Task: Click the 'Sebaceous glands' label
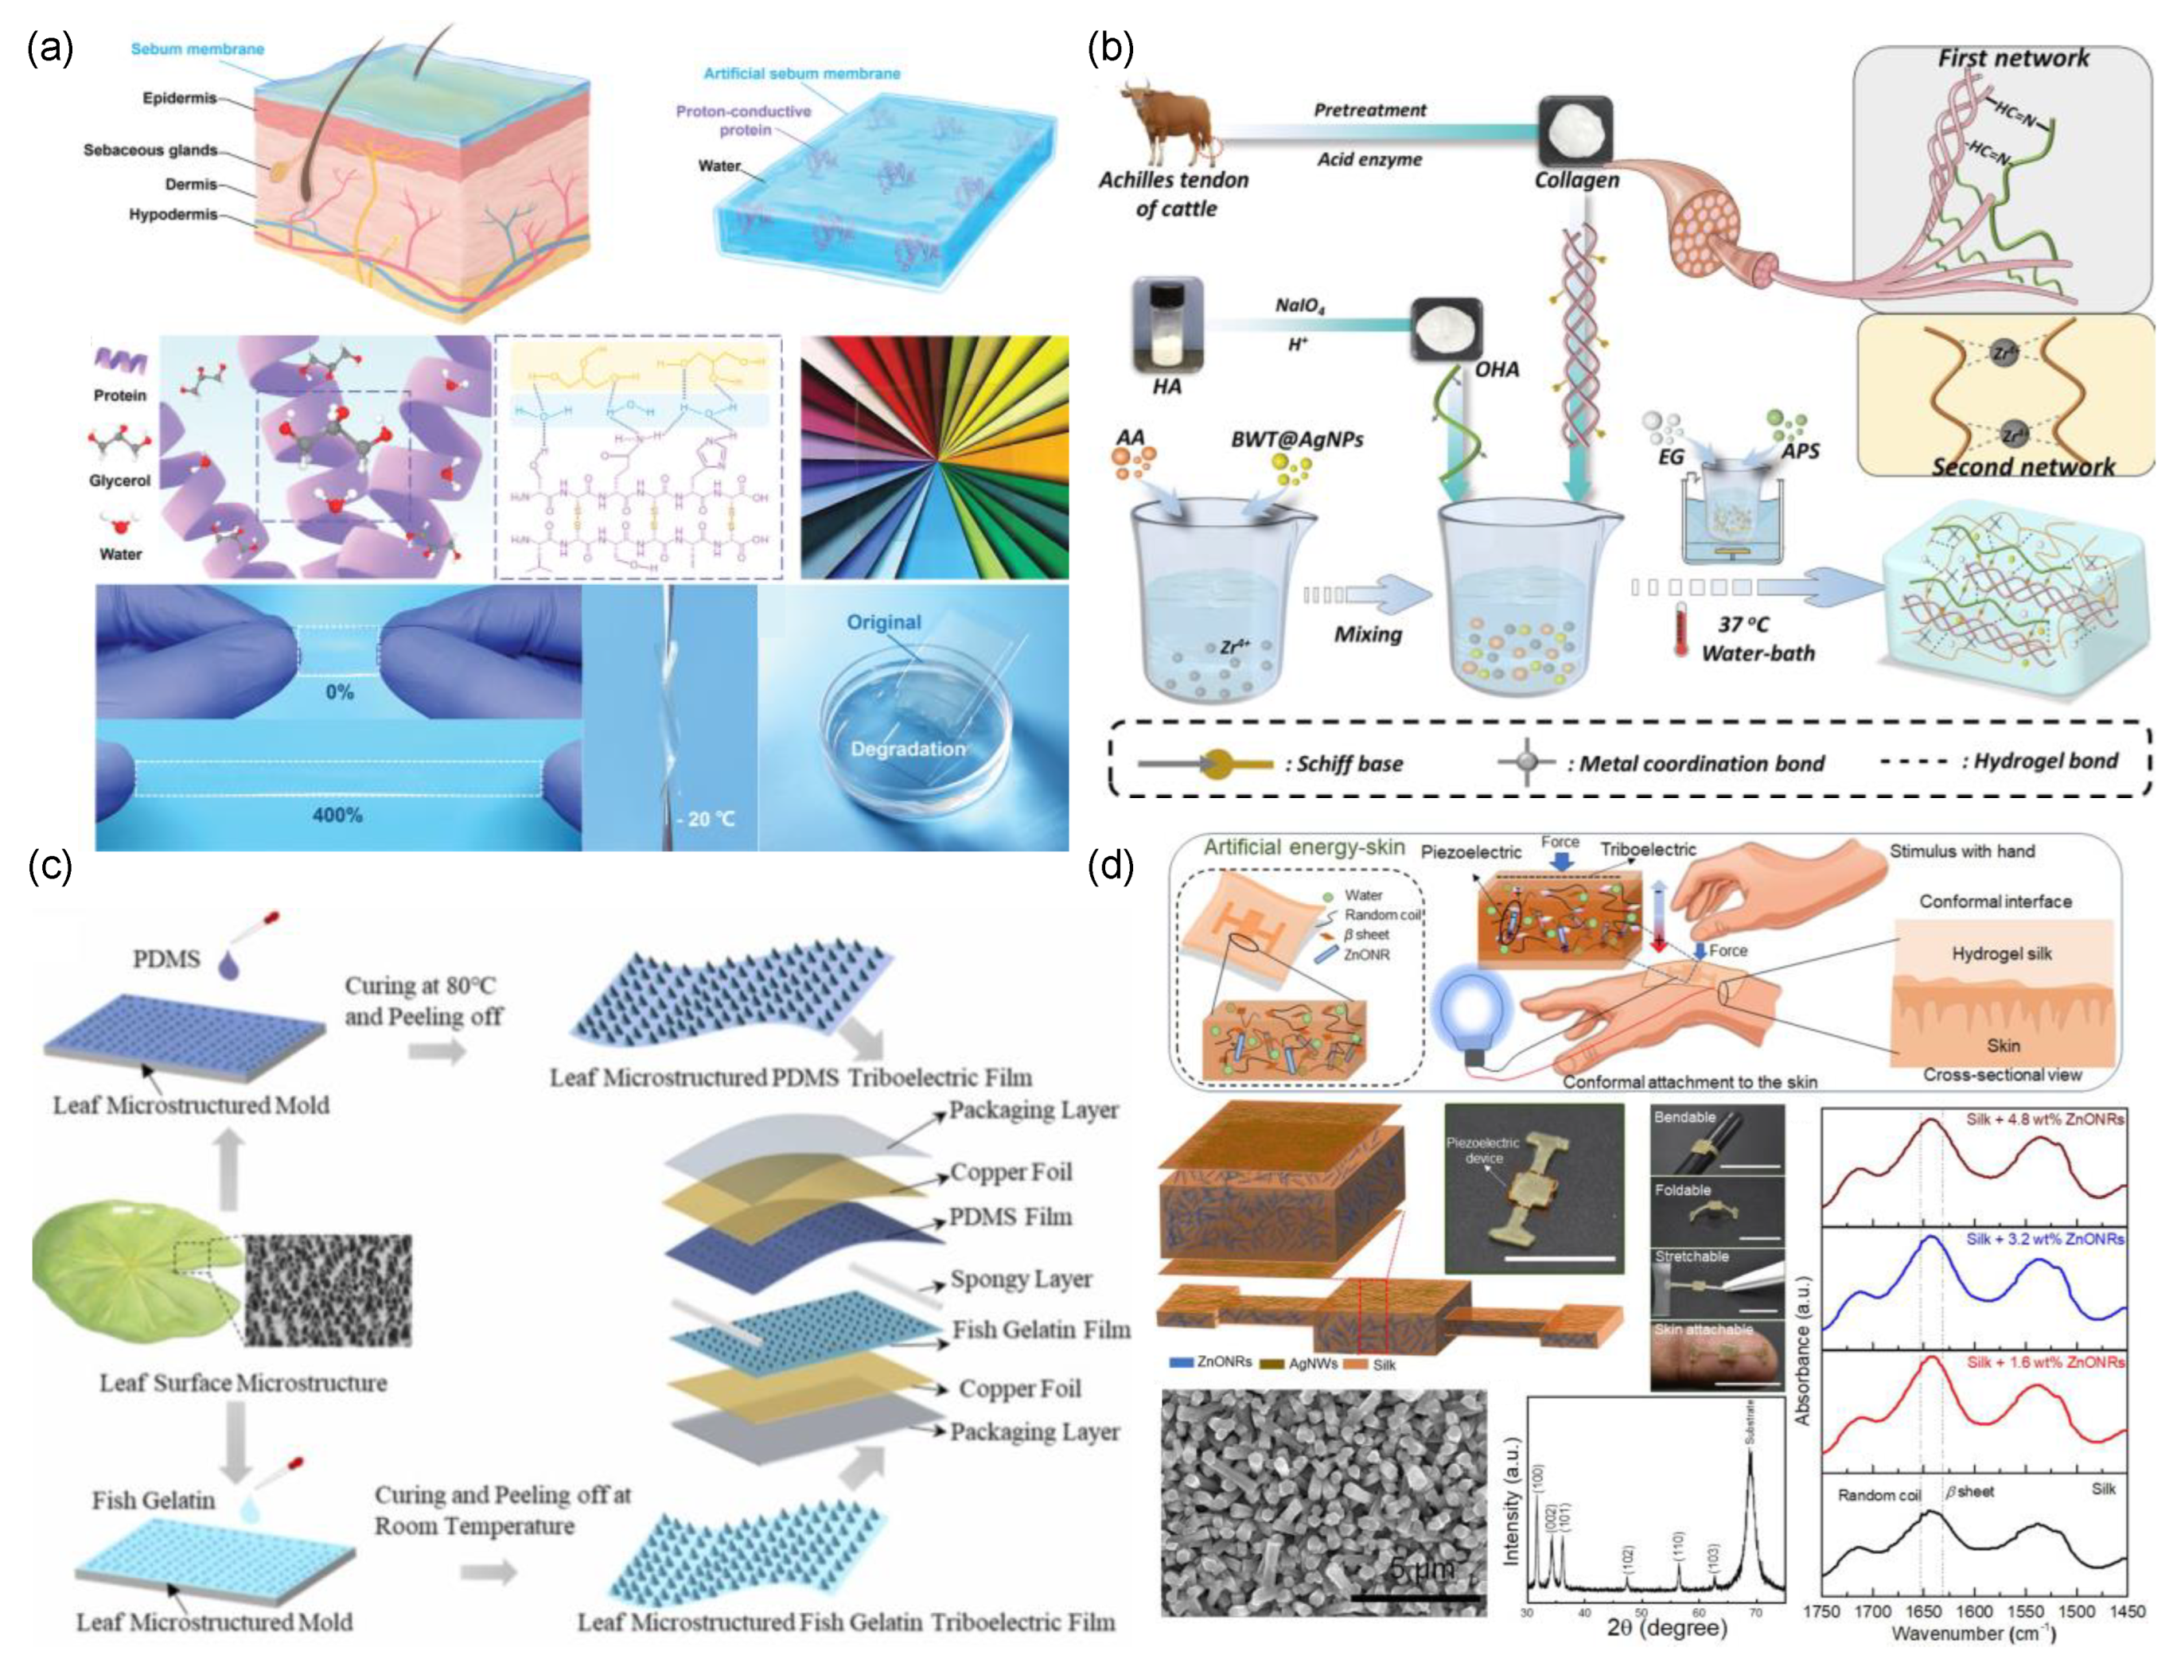pyautogui.click(x=150, y=150)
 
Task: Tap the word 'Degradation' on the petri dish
pyautogui.click(x=907, y=748)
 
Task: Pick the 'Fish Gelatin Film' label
pyautogui.click(x=1039, y=1330)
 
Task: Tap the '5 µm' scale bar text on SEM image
pyautogui.click(x=1420, y=1569)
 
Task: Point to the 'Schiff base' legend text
pyautogui.click(x=1349, y=763)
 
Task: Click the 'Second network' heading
pyautogui.click(x=2023, y=466)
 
